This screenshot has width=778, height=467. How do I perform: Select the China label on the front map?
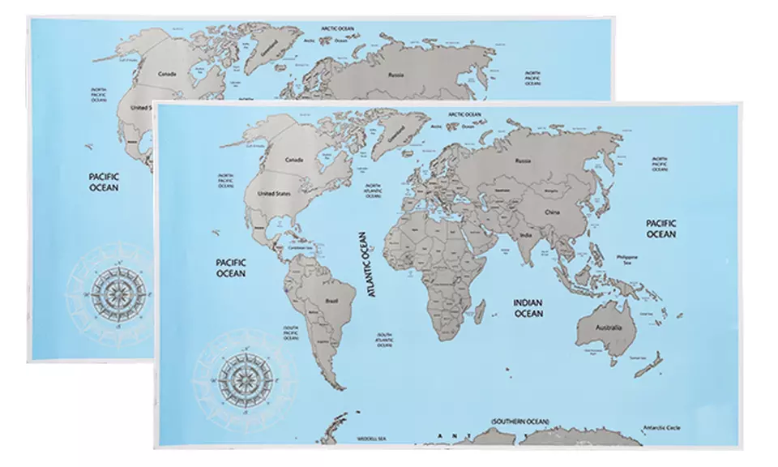(553, 212)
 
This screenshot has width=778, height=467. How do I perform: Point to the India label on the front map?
(525, 237)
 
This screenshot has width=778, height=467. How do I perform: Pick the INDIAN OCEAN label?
(528, 307)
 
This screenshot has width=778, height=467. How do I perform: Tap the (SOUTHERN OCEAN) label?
(519, 422)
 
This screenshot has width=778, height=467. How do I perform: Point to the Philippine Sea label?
(627, 259)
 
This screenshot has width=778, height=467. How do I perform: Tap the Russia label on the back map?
(396, 75)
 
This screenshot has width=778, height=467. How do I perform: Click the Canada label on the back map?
(167, 74)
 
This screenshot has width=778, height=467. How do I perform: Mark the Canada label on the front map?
(293, 160)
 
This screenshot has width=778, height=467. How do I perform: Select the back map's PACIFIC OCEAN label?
(104, 181)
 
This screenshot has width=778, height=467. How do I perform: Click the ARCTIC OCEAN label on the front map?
(464, 115)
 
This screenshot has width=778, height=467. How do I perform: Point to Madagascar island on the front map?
(481, 309)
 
